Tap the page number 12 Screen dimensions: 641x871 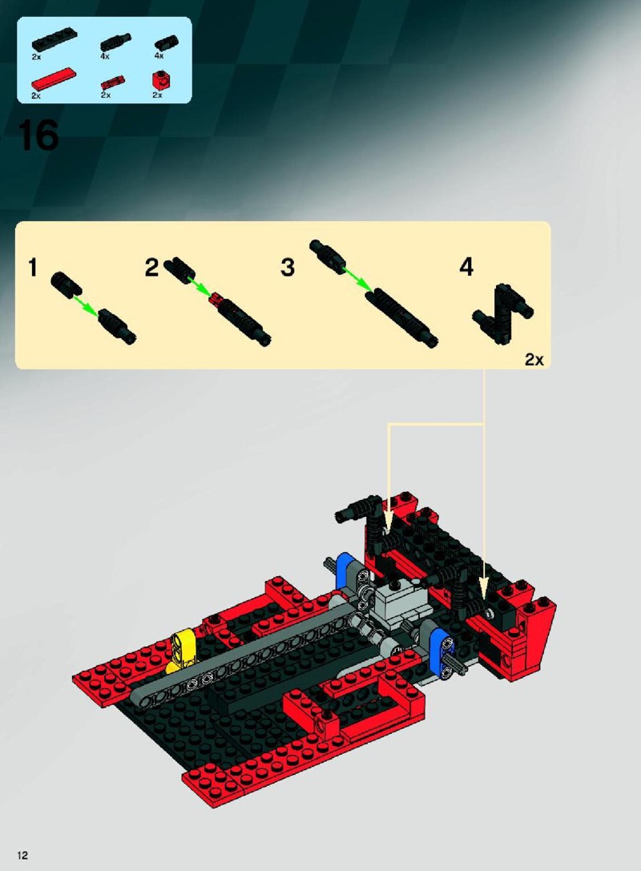point(22,855)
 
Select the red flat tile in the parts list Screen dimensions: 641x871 point(54,79)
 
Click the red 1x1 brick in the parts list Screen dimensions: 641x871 point(160,81)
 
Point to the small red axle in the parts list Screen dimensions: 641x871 point(113,83)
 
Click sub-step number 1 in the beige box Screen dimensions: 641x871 point(33,267)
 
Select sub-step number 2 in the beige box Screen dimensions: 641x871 point(151,267)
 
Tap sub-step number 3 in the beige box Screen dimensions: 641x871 point(287,267)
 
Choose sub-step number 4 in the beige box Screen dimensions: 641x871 point(466,267)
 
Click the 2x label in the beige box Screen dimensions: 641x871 point(534,360)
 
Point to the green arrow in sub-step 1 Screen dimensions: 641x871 point(87,306)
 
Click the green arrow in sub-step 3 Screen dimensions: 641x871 point(356,278)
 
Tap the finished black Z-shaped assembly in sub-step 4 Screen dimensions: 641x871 point(503,314)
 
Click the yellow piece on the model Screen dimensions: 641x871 point(179,651)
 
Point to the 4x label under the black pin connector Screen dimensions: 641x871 point(159,55)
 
